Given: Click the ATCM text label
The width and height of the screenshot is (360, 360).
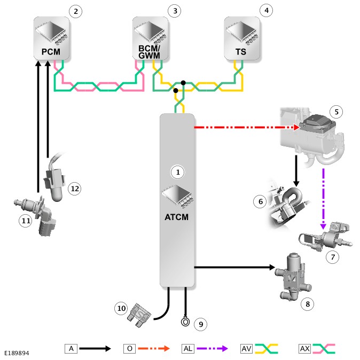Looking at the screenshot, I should pyautogui.click(x=177, y=217).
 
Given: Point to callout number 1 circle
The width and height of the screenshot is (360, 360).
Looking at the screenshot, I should pyautogui.click(x=177, y=172).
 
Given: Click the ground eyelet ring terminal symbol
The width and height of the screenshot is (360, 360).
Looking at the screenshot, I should pyautogui.click(x=186, y=322).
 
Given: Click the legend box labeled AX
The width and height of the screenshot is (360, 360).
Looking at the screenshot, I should pyautogui.click(x=305, y=348).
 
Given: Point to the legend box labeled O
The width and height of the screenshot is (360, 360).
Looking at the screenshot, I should pyautogui.click(x=129, y=348).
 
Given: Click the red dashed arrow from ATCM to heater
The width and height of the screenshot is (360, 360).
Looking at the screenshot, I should pyautogui.click(x=246, y=128).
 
